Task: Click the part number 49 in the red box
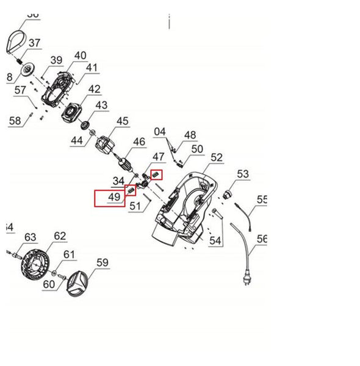tap(114, 198)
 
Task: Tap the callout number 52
tap(217, 157)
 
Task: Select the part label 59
tap(102, 264)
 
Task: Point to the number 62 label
tap(59, 235)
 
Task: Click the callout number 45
tap(123, 121)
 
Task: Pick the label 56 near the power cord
tap(262, 239)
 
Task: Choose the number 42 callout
tap(94, 89)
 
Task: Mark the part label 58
tap(15, 121)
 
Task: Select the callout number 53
tap(243, 174)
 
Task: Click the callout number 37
tap(34, 43)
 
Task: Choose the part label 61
tap(69, 254)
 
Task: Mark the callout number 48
tap(190, 135)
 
